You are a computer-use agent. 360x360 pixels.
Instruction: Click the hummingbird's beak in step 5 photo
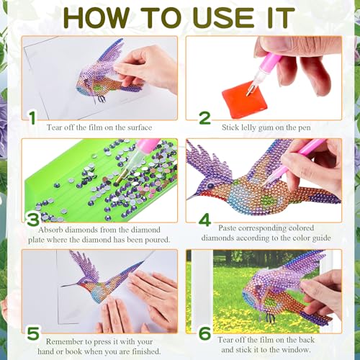click(69, 285)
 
